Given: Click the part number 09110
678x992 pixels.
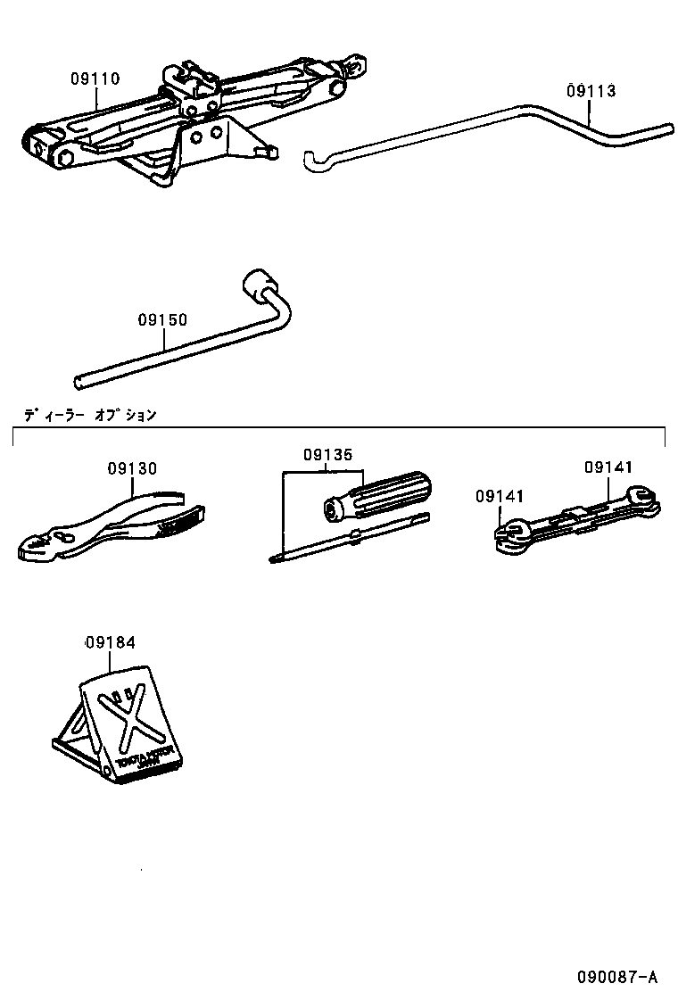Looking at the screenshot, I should click(x=95, y=79).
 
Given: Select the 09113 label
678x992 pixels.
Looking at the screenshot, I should click(x=591, y=91).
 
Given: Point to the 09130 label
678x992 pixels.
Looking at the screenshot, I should click(x=132, y=468).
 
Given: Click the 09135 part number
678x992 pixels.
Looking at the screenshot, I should click(x=328, y=454).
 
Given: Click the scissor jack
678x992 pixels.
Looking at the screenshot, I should click(x=178, y=120).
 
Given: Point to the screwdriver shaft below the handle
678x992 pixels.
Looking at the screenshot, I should click(x=348, y=538).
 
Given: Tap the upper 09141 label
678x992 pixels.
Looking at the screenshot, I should click(x=608, y=467).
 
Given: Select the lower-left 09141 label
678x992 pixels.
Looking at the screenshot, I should click(x=500, y=497).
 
